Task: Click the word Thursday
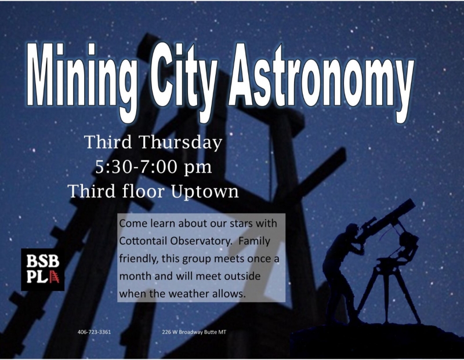click(x=180, y=142)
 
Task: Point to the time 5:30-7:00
click(x=136, y=167)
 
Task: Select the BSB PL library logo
click(x=42, y=269)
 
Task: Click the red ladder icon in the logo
click(x=54, y=277)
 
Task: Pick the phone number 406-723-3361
click(x=94, y=332)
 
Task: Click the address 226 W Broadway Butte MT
click(x=194, y=332)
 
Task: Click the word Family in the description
click(x=255, y=241)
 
